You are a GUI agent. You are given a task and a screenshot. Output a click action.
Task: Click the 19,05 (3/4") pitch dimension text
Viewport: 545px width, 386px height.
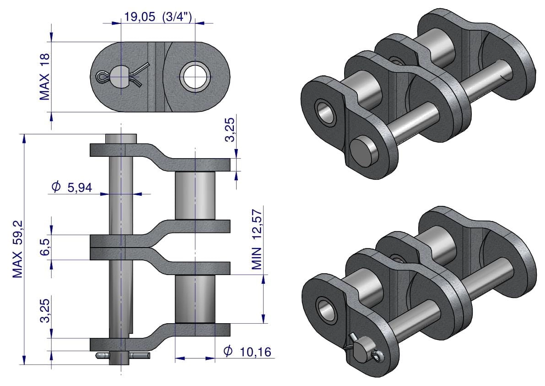coord(158,17)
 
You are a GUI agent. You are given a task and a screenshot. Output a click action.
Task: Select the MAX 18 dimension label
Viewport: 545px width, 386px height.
coord(44,77)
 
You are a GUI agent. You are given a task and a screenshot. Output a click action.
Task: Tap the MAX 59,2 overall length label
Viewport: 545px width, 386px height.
coord(17,249)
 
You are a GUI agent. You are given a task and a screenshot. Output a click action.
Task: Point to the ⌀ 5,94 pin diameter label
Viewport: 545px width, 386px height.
coord(71,187)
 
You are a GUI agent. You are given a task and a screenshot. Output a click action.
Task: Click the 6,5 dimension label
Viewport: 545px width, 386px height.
coord(45,247)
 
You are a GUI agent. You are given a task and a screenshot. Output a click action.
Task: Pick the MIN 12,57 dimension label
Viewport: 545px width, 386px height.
coord(257,239)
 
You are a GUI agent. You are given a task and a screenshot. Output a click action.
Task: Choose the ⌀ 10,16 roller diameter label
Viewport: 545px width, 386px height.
coord(247,352)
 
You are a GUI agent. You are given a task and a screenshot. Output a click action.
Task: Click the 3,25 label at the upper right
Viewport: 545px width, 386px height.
coord(230,130)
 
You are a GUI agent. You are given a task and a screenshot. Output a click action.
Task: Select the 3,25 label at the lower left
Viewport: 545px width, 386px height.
coord(45,310)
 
